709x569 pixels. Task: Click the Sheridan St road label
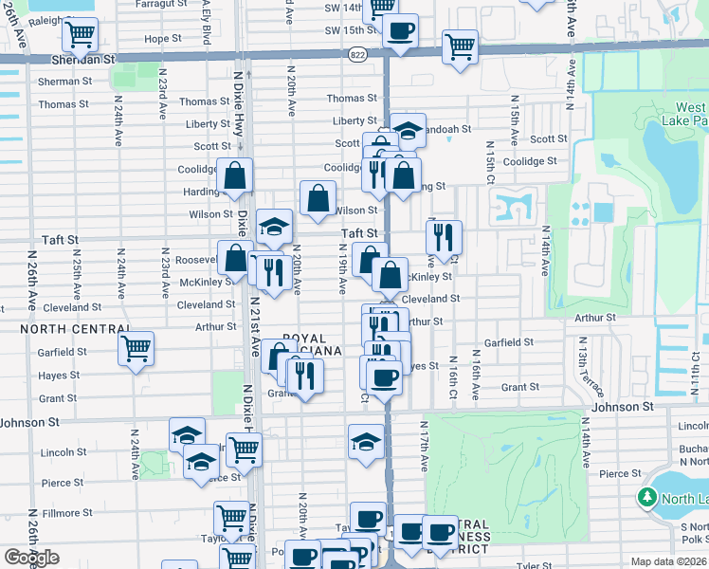[82, 58]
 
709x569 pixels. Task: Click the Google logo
[31, 558]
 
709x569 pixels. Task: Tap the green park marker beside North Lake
[648, 497]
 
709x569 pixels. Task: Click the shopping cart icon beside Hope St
[81, 36]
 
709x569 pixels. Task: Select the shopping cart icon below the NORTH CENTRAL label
[136, 349]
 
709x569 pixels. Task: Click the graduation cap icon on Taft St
[274, 227]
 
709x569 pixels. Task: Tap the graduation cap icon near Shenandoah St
[408, 130]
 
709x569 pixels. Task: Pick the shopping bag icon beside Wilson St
[318, 198]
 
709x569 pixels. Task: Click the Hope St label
[163, 39]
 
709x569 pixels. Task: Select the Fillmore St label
[67, 513]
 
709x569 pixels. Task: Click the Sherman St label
[64, 82]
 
